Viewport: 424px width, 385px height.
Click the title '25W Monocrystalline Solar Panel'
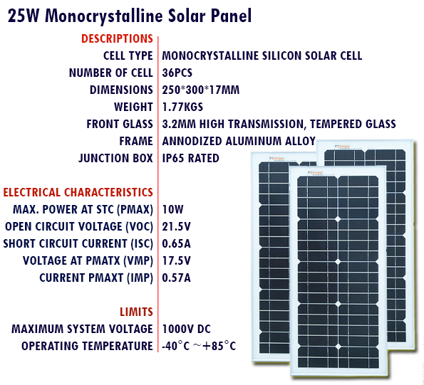(x=130, y=16)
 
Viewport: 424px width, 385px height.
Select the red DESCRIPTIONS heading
(x=117, y=38)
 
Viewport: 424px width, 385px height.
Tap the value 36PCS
(x=177, y=73)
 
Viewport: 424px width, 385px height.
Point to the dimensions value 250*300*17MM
(x=201, y=90)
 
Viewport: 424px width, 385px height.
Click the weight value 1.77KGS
(x=182, y=107)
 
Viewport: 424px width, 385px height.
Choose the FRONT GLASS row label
(x=120, y=125)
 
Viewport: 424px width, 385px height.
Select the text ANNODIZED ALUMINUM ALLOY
(x=239, y=141)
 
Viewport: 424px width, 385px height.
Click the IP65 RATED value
(x=191, y=158)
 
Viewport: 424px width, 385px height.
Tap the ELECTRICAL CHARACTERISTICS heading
(x=78, y=192)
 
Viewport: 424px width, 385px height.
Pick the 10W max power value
(x=172, y=209)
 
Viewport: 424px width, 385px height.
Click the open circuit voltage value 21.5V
(x=176, y=226)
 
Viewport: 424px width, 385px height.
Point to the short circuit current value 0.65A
(x=176, y=244)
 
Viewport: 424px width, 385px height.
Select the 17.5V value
(x=176, y=260)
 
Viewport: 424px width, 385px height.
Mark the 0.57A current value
(x=176, y=278)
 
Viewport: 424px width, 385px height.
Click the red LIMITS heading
(x=136, y=312)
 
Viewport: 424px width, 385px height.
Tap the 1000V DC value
(x=186, y=329)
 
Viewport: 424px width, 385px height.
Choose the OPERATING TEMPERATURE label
(x=87, y=346)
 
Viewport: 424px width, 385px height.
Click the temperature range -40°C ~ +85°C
(x=199, y=346)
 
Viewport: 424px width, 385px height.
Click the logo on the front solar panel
(x=315, y=173)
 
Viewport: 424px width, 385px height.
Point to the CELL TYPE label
(x=128, y=56)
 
